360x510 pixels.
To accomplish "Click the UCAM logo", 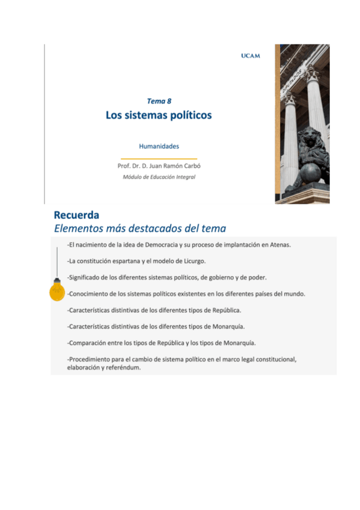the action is (x=250, y=56).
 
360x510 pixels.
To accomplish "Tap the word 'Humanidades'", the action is (x=159, y=146).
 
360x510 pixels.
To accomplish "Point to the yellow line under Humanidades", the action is (x=159, y=158).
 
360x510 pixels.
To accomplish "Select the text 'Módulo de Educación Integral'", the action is (x=159, y=177).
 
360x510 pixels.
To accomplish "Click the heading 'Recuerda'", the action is (x=76, y=215).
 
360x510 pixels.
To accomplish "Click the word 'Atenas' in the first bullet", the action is (x=278, y=245).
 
